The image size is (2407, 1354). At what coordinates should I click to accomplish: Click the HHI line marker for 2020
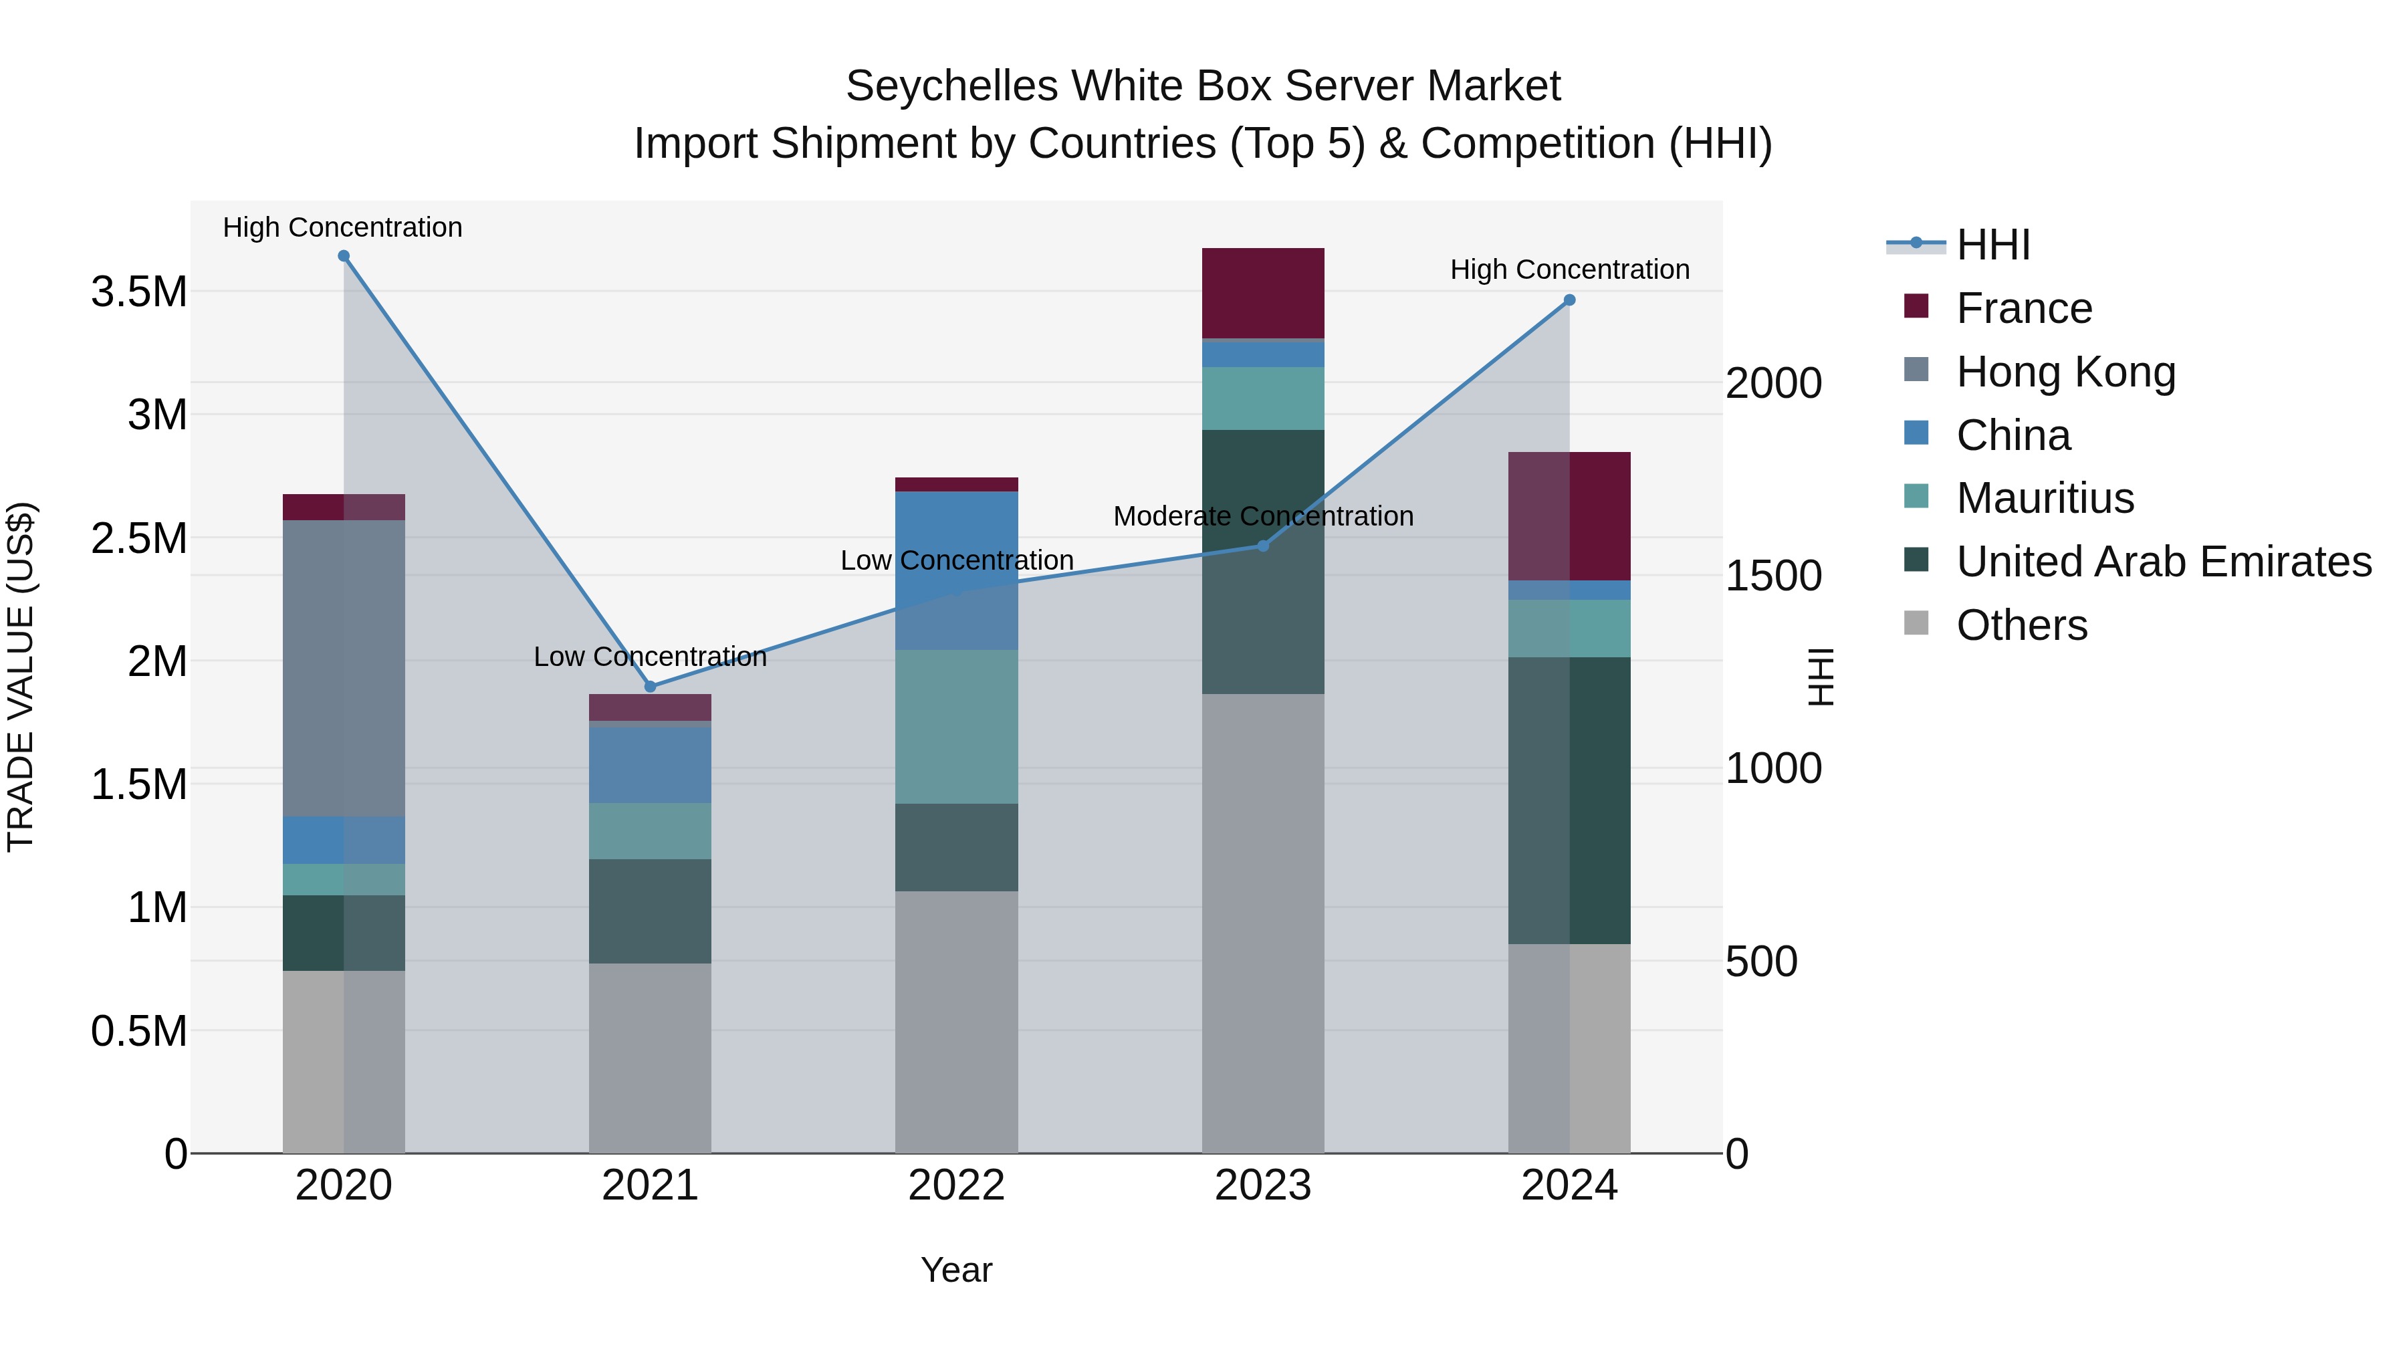tap(344, 256)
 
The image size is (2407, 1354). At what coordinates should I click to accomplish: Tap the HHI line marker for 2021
tap(651, 687)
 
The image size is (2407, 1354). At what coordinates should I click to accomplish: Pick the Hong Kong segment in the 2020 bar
tap(344, 668)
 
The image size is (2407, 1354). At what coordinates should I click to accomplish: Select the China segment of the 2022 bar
tap(956, 570)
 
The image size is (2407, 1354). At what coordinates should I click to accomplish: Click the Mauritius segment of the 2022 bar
tap(956, 727)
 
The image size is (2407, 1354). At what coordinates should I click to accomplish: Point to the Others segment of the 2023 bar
tap(1262, 923)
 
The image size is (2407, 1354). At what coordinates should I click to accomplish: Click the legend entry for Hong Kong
tap(2065, 372)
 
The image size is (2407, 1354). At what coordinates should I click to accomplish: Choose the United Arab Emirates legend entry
tap(2163, 562)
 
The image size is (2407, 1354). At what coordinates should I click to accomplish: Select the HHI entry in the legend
tap(1992, 245)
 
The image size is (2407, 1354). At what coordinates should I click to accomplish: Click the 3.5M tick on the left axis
tap(138, 292)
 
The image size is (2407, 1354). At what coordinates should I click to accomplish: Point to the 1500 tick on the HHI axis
tap(1772, 576)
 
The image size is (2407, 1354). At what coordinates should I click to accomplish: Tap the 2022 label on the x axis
tap(956, 1186)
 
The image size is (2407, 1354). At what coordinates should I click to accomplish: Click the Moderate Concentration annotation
tap(1262, 516)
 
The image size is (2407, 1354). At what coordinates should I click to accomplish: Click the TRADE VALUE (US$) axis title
tap(21, 677)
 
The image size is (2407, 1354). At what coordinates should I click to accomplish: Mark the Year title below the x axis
tap(956, 1270)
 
